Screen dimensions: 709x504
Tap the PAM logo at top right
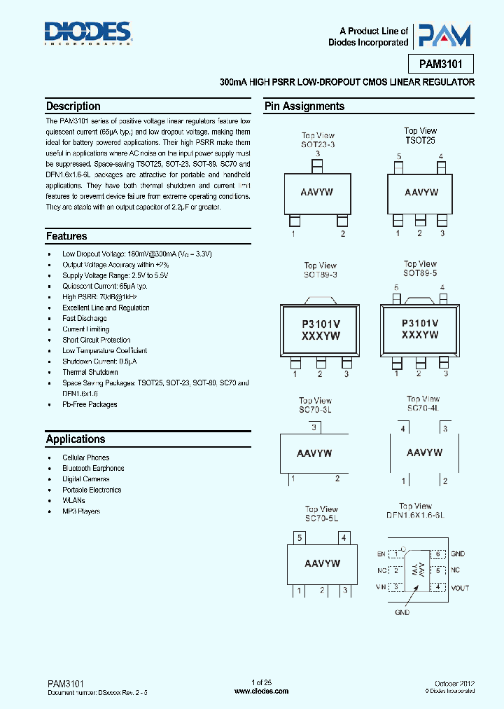click(x=443, y=36)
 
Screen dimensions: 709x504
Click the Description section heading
click(x=73, y=106)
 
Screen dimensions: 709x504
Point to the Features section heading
click(x=66, y=236)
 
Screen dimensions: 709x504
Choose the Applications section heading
click(x=76, y=439)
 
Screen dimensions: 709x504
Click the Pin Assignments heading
click(x=304, y=106)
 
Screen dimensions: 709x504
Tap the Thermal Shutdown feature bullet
click(x=90, y=372)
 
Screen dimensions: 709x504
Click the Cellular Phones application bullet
click(x=85, y=457)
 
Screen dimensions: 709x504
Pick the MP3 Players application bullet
click(x=80, y=511)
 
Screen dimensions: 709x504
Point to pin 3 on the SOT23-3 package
click(x=317, y=165)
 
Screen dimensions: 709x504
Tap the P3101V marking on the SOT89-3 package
click(x=320, y=324)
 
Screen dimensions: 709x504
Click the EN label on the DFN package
click(x=381, y=553)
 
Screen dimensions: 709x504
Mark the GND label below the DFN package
click(x=402, y=612)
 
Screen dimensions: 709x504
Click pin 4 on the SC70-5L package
click(x=344, y=538)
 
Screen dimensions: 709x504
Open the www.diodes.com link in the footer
click(x=261, y=691)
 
